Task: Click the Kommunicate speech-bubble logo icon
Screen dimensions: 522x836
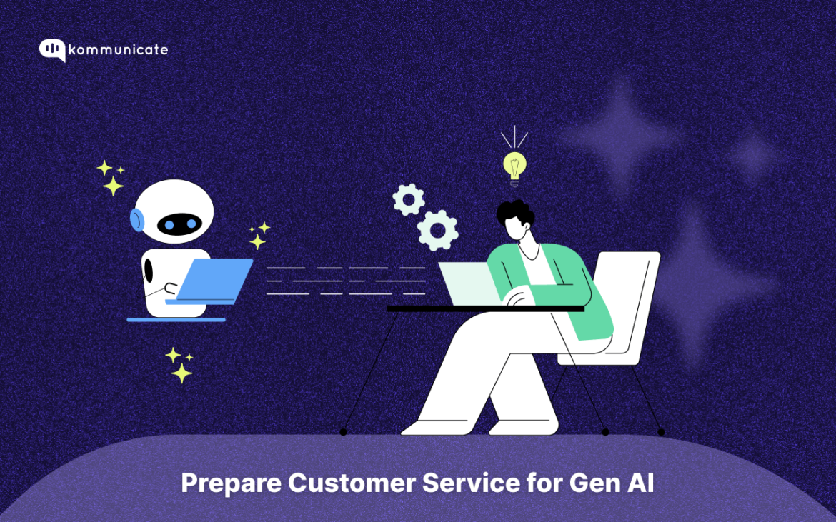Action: pyautogui.click(x=52, y=49)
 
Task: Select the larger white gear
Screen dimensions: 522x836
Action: pyautogui.click(x=437, y=229)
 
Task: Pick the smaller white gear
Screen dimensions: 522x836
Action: pyautogui.click(x=409, y=199)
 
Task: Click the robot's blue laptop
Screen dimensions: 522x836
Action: pyautogui.click(x=215, y=279)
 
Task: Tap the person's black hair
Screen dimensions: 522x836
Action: pyautogui.click(x=516, y=212)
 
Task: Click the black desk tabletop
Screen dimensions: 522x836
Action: pyautogui.click(x=485, y=308)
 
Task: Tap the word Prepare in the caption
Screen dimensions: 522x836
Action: pyautogui.click(x=230, y=483)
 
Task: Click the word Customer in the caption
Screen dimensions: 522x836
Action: pyautogui.click(x=351, y=483)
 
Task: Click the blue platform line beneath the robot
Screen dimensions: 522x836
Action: pyautogui.click(x=176, y=320)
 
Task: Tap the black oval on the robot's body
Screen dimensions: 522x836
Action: pyautogui.click(x=149, y=271)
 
